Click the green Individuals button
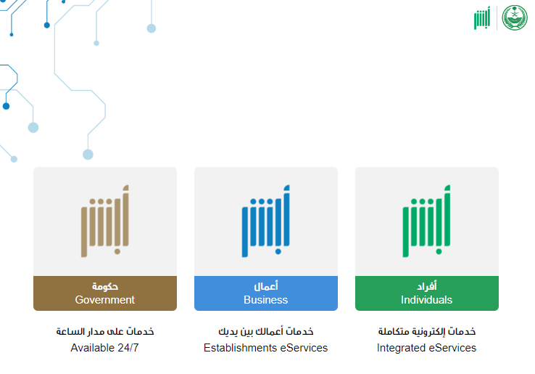(427, 293)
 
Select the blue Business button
(266, 293)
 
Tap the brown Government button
(105, 293)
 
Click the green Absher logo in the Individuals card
(426, 221)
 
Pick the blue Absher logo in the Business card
(266, 221)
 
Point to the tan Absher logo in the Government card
(104, 221)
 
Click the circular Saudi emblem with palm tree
(515, 17)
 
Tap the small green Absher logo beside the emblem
(482, 18)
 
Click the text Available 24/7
(104, 348)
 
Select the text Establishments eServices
(265, 348)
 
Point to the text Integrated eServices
(426, 348)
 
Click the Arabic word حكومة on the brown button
(105, 286)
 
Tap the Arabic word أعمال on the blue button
(266, 286)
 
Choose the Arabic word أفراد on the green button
(427, 286)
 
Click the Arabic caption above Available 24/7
(105, 331)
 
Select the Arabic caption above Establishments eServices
(266, 331)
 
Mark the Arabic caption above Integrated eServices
(427, 331)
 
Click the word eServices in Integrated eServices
(452, 348)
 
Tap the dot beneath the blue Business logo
(278, 251)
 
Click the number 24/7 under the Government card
(128, 348)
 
